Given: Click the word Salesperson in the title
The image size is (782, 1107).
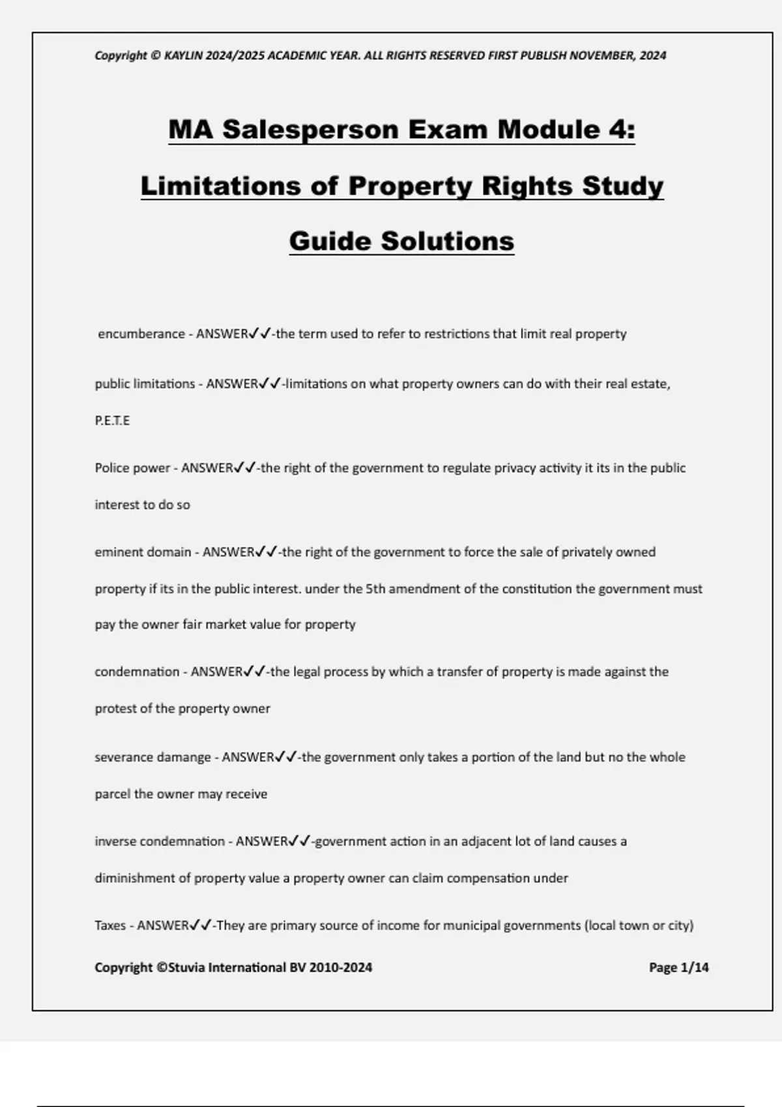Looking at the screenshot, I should click(310, 130).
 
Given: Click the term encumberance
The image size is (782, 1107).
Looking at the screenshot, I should click(141, 334).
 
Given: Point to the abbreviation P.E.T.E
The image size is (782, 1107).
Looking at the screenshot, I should click(112, 421).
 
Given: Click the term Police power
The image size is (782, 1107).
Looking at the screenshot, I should click(132, 468).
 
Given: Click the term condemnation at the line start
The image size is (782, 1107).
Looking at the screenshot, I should click(137, 672).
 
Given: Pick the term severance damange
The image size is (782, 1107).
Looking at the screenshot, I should click(152, 757).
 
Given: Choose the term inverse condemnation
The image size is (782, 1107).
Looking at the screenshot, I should click(160, 841).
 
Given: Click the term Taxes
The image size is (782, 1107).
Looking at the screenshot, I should click(110, 925).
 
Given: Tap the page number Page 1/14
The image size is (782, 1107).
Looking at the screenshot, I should click(678, 968).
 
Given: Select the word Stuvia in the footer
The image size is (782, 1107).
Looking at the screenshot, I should click(188, 968).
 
